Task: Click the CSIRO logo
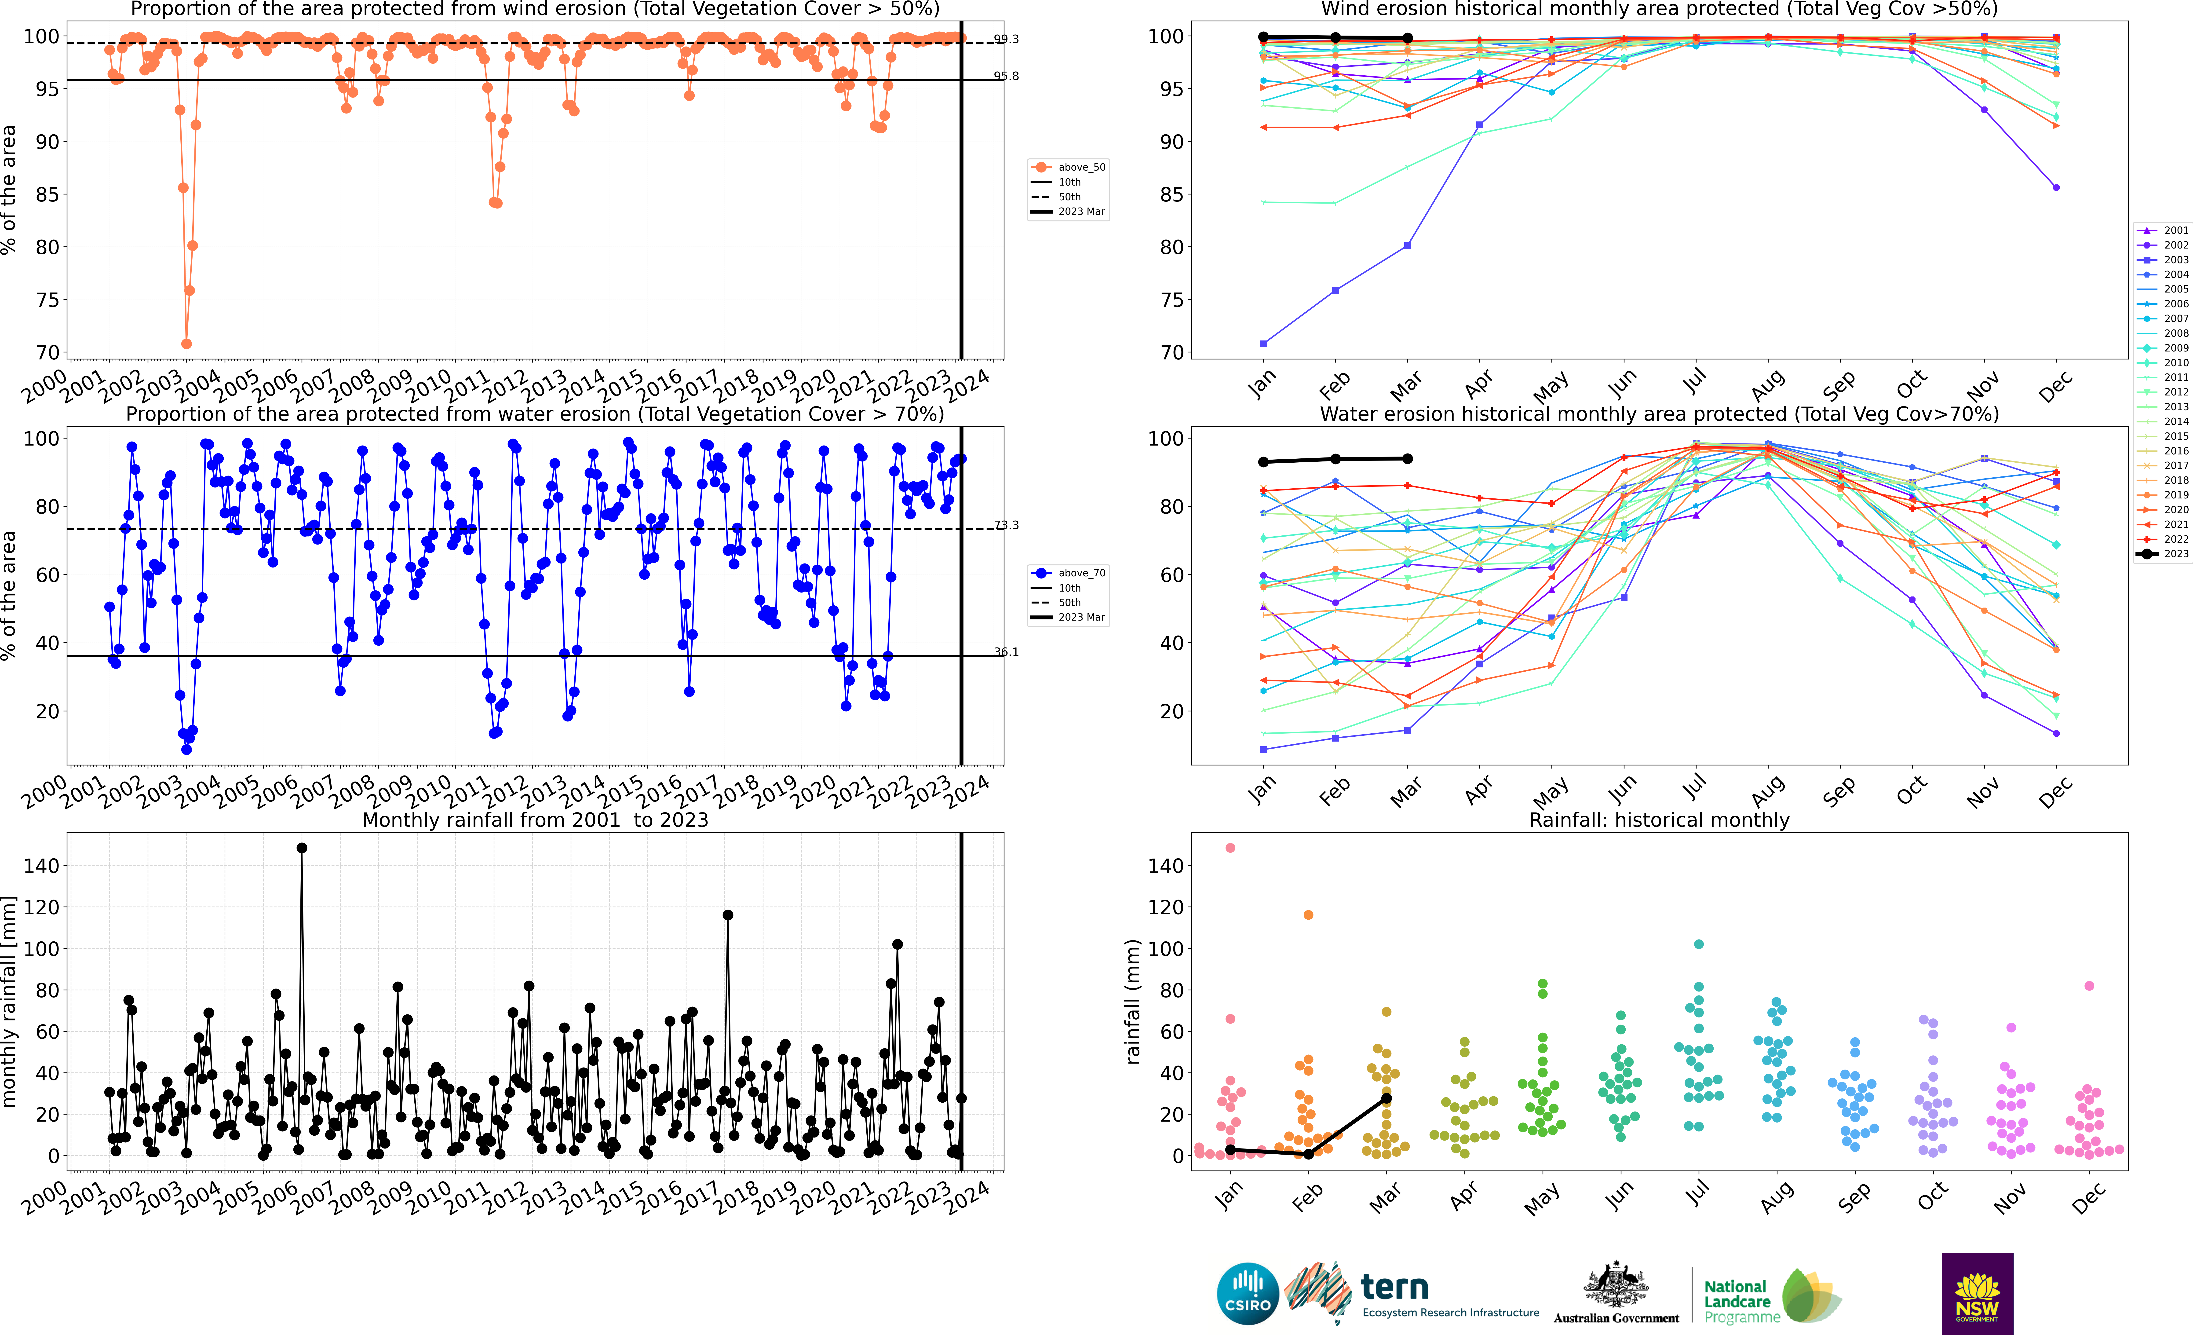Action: pos(1247,1293)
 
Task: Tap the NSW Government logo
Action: pos(1977,1293)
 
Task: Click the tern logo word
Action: pos(1395,1287)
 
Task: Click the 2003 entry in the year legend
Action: pos(2175,260)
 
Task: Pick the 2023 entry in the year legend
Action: pos(2175,554)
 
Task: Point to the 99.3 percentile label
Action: pos(1006,39)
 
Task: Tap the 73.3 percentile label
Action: pos(1006,525)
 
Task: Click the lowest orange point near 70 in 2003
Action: pos(186,344)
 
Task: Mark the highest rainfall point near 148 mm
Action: pos(302,848)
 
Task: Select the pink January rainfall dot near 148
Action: pos(1230,848)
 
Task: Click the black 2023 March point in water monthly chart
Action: pos(1407,459)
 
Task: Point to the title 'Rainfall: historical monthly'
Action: pos(1659,820)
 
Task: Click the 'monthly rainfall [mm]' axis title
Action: pos(10,1001)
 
